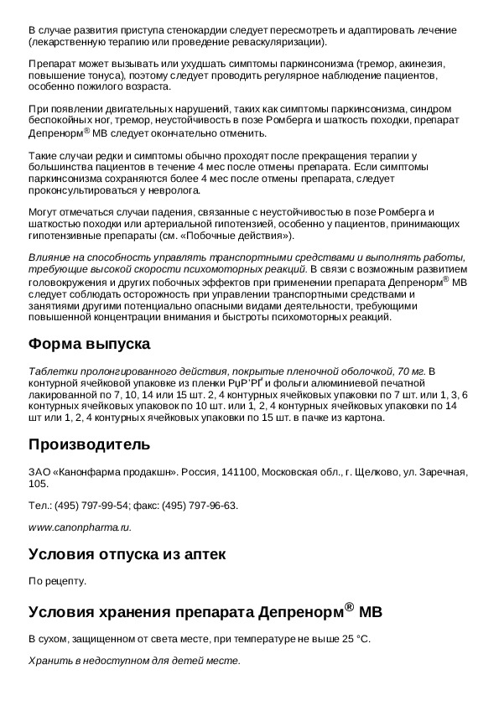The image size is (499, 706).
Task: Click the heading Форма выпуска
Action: click(89, 344)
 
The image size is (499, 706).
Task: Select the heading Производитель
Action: click(89, 444)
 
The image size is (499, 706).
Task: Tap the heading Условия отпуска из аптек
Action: click(127, 554)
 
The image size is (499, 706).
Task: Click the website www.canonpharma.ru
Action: click(80, 527)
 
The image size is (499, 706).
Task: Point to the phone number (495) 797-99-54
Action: click(91, 506)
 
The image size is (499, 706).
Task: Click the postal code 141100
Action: click(242, 473)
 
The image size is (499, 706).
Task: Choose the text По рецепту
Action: click(57, 580)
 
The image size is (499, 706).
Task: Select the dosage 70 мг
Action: click(416, 371)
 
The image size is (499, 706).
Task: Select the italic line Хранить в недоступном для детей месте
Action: click(134, 661)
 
